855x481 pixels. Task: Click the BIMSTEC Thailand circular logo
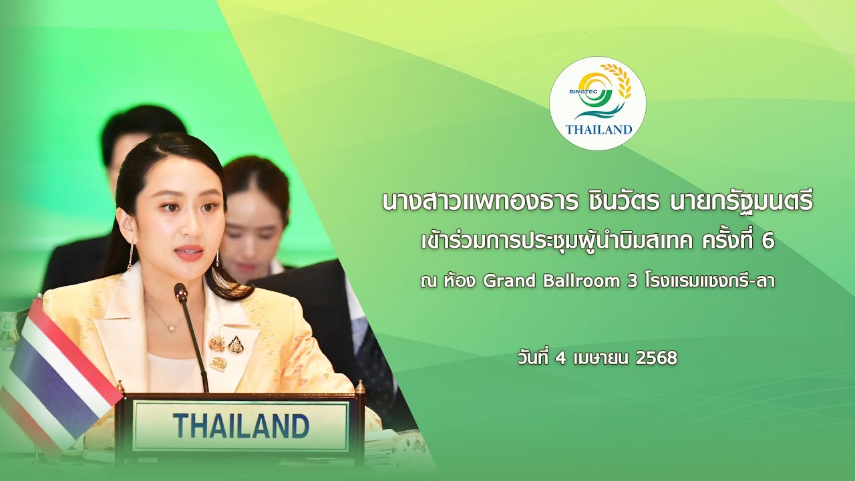coord(597,103)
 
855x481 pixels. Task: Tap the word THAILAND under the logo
coord(599,129)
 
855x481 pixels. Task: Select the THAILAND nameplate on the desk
coord(241,426)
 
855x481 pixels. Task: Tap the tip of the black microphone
coord(180,291)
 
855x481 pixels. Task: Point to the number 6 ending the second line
coord(769,242)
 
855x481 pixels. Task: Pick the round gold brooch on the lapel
coord(217,343)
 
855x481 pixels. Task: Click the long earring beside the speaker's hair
coord(130,254)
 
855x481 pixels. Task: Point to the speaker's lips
coord(190,253)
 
